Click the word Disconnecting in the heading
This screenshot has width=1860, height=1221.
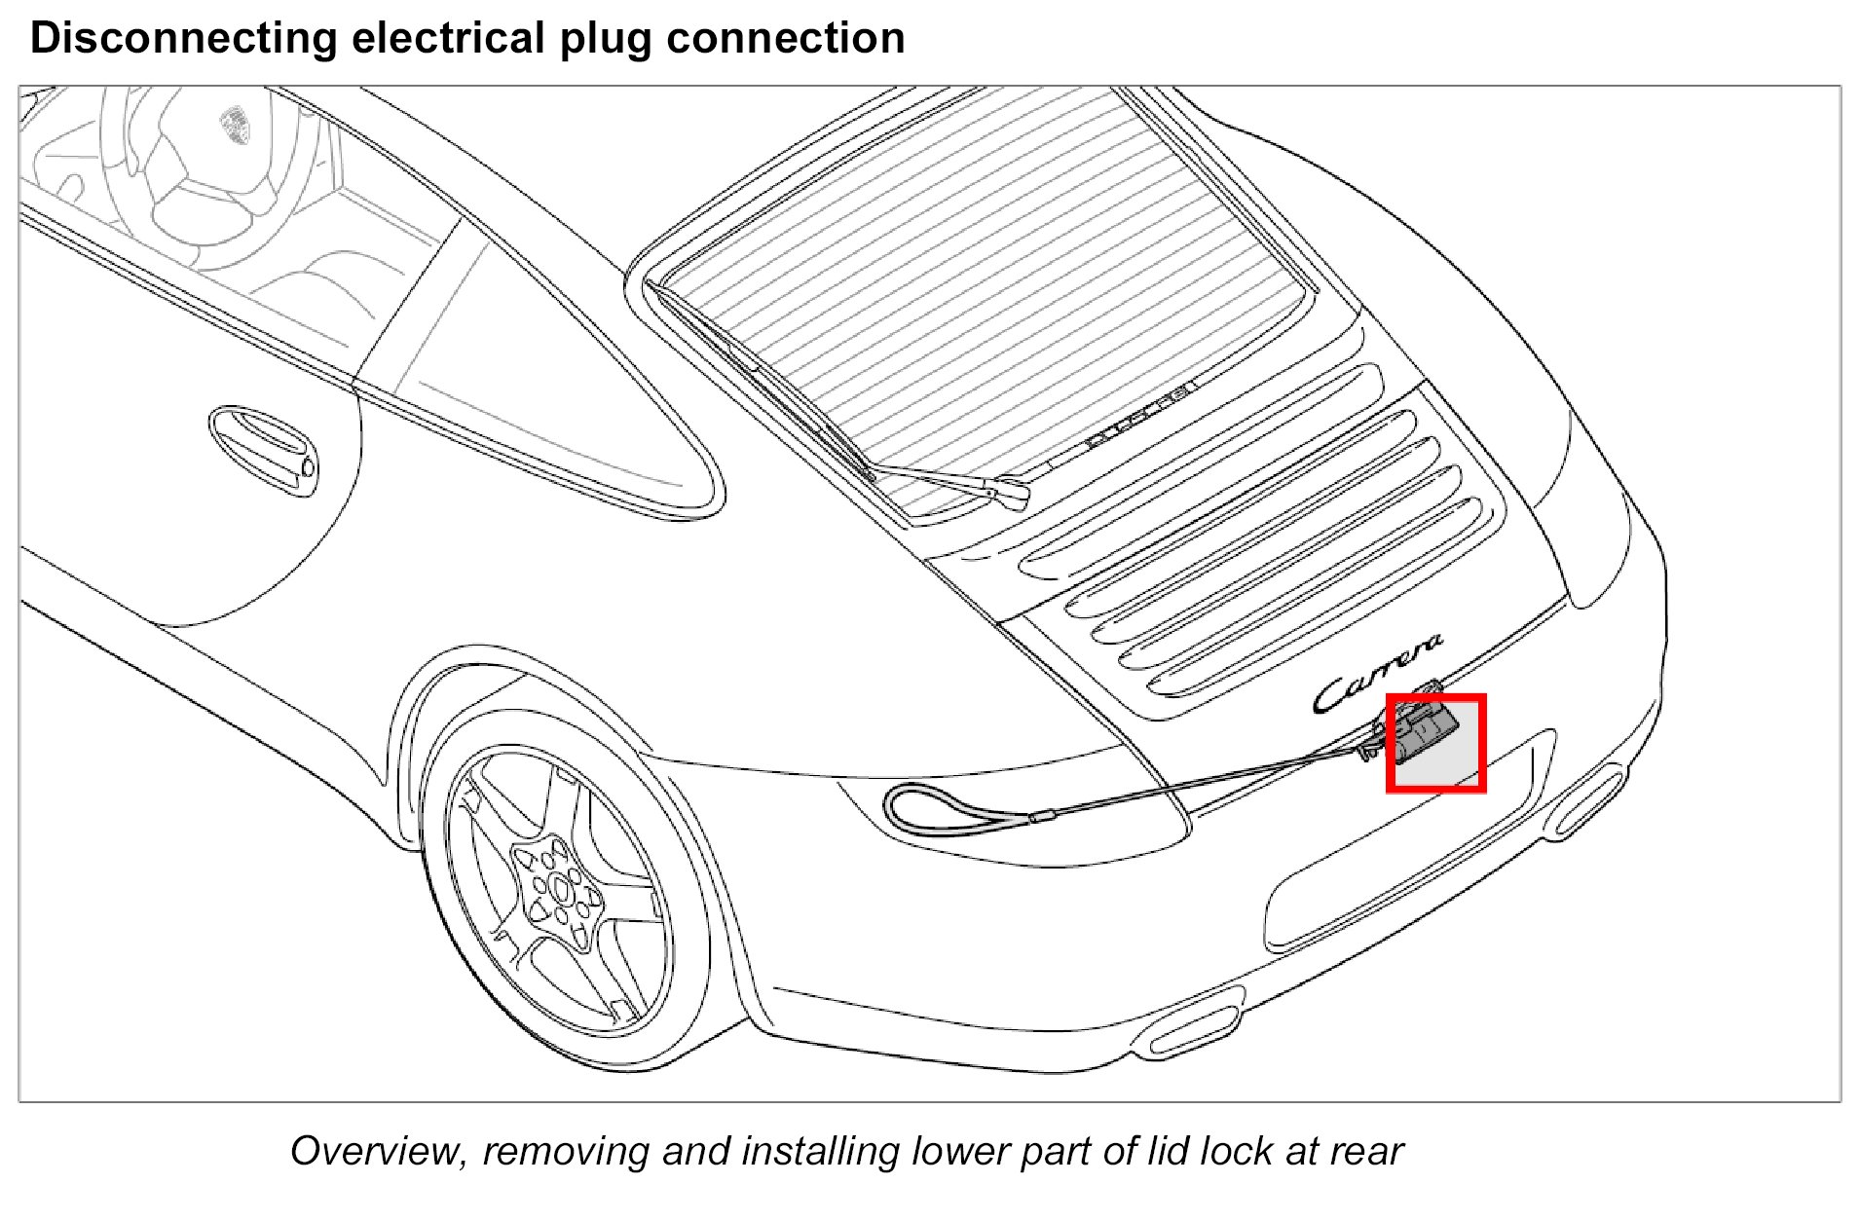tap(183, 39)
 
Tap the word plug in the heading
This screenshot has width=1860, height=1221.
tap(605, 39)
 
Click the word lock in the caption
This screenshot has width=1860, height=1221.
tap(1236, 1151)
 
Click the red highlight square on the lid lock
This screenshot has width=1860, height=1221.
tap(1435, 743)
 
